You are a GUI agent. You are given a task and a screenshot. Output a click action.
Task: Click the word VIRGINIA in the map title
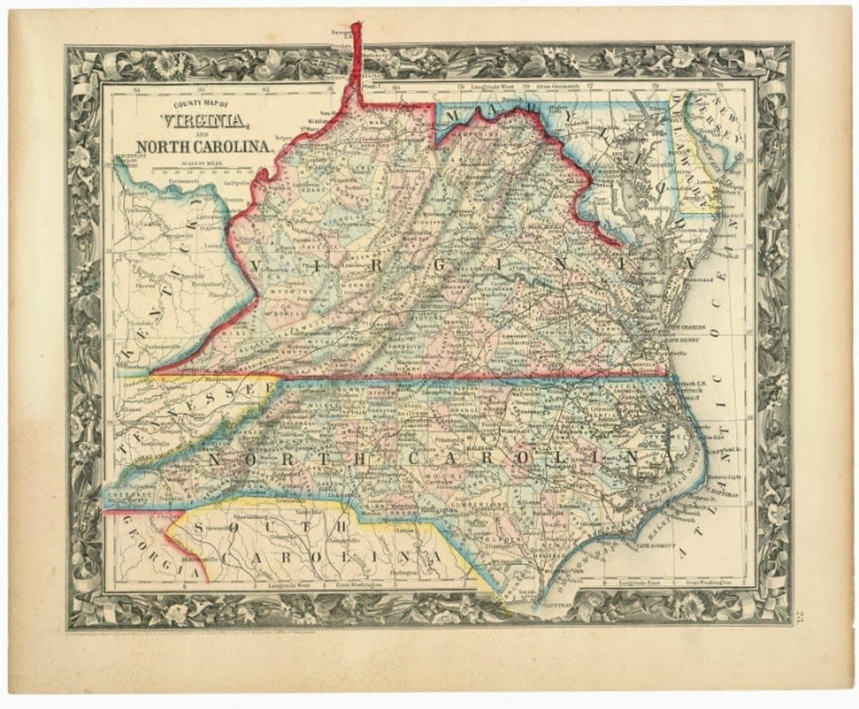coord(208,121)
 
